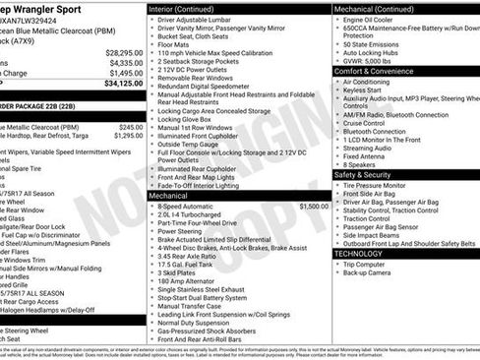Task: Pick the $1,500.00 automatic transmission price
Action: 312,207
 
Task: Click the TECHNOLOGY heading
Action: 358,253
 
